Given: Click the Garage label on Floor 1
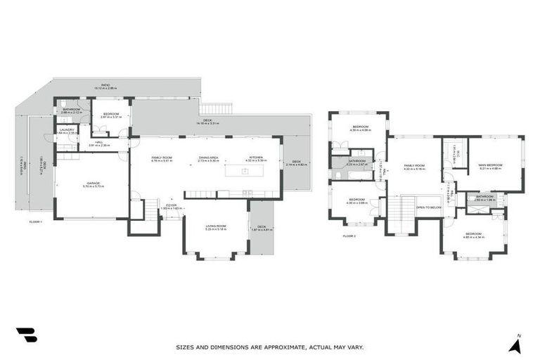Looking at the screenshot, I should pyautogui.click(x=93, y=184).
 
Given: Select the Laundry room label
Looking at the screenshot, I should pyautogui.click(x=67, y=130).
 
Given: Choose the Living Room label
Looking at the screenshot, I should pyautogui.click(x=214, y=226).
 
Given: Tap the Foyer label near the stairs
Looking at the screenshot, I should pyautogui.click(x=171, y=207).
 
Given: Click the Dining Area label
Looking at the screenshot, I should pyautogui.click(x=209, y=158).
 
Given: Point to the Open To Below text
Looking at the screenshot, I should pyautogui.click(x=428, y=207).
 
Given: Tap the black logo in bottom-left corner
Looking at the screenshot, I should pyautogui.click(x=26, y=336).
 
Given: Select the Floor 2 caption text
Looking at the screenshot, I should pyautogui.click(x=349, y=236).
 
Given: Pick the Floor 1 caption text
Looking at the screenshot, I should pyautogui.click(x=37, y=221).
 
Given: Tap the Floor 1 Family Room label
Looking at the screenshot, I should pyautogui.click(x=162, y=158).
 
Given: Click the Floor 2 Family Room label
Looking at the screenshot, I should pyautogui.click(x=413, y=166).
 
